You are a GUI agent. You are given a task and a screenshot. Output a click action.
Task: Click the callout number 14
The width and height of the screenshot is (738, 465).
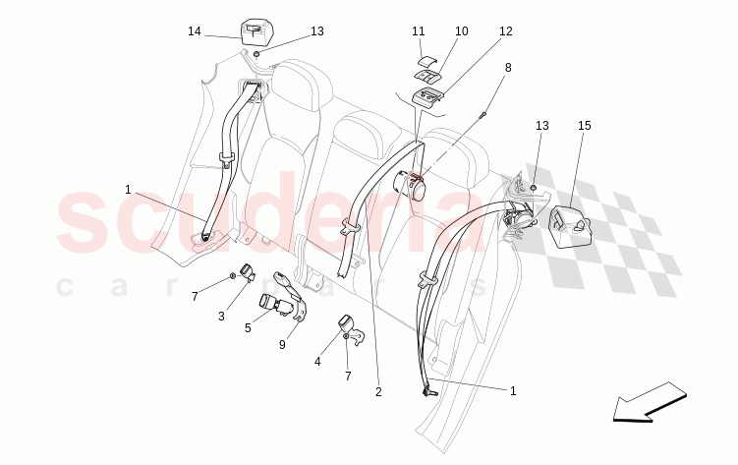[x=195, y=31]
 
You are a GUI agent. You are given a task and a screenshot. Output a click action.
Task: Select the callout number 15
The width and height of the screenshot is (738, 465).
[x=585, y=126]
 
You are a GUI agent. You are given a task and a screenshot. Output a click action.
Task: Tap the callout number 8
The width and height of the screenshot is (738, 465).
[x=508, y=68]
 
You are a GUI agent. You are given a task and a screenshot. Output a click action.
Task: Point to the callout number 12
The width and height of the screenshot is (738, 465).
[x=505, y=31]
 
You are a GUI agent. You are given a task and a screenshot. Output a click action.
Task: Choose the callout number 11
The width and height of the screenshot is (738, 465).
[x=419, y=31]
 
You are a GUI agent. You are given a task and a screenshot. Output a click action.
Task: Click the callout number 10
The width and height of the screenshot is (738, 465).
[x=462, y=31]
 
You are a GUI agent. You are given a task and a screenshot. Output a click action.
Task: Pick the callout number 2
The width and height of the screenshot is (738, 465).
[x=378, y=392]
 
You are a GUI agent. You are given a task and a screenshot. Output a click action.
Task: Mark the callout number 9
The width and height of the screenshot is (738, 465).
[x=282, y=344]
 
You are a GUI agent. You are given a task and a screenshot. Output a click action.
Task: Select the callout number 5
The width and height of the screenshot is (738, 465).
[x=248, y=328]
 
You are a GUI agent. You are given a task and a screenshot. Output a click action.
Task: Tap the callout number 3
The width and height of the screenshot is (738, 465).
[x=222, y=315]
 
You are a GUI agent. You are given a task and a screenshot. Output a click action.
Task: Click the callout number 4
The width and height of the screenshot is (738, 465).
[x=317, y=361]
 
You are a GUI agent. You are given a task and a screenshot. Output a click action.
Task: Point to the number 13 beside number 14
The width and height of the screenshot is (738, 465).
[x=316, y=31]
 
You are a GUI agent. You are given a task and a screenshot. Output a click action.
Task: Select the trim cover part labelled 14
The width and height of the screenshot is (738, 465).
[x=254, y=32]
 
